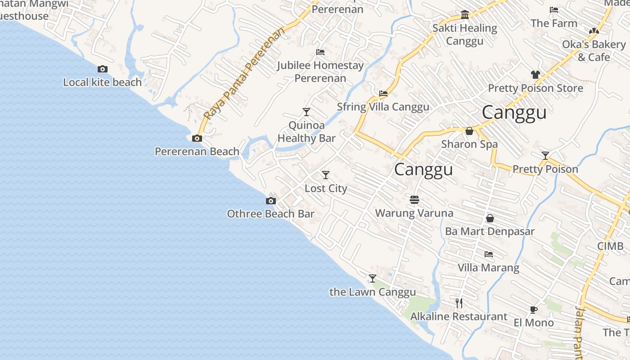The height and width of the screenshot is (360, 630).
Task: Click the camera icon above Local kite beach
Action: [103, 69]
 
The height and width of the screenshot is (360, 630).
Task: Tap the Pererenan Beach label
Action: [197, 152]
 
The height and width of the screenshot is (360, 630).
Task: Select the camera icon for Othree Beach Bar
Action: [270, 201]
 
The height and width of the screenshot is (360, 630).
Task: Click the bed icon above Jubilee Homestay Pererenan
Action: [320, 52]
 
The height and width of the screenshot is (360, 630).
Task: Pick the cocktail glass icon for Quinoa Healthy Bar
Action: [306, 112]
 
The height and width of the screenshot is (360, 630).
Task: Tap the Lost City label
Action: [326, 188]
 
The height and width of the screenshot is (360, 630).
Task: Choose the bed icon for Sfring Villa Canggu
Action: [383, 94]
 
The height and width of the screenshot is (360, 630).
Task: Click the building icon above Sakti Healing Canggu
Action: [465, 15]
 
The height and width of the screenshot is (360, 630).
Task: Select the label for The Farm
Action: [553, 23]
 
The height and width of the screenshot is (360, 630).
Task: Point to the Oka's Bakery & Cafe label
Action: [594, 51]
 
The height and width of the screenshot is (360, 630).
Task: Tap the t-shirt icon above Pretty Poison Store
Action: [535, 74]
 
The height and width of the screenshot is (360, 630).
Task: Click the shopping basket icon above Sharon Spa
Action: [469, 131]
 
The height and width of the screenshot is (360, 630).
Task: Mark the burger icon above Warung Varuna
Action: [414, 199]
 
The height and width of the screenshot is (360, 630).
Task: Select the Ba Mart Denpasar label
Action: [490, 231]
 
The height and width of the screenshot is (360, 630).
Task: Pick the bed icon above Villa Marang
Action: [489, 254]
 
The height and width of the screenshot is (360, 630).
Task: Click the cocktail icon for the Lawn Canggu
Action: [373, 278]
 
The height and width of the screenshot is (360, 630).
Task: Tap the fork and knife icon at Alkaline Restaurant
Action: [459, 303]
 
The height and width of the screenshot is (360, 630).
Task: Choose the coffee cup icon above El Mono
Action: [533, 309]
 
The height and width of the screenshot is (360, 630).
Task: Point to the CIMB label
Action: [610, 246]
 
